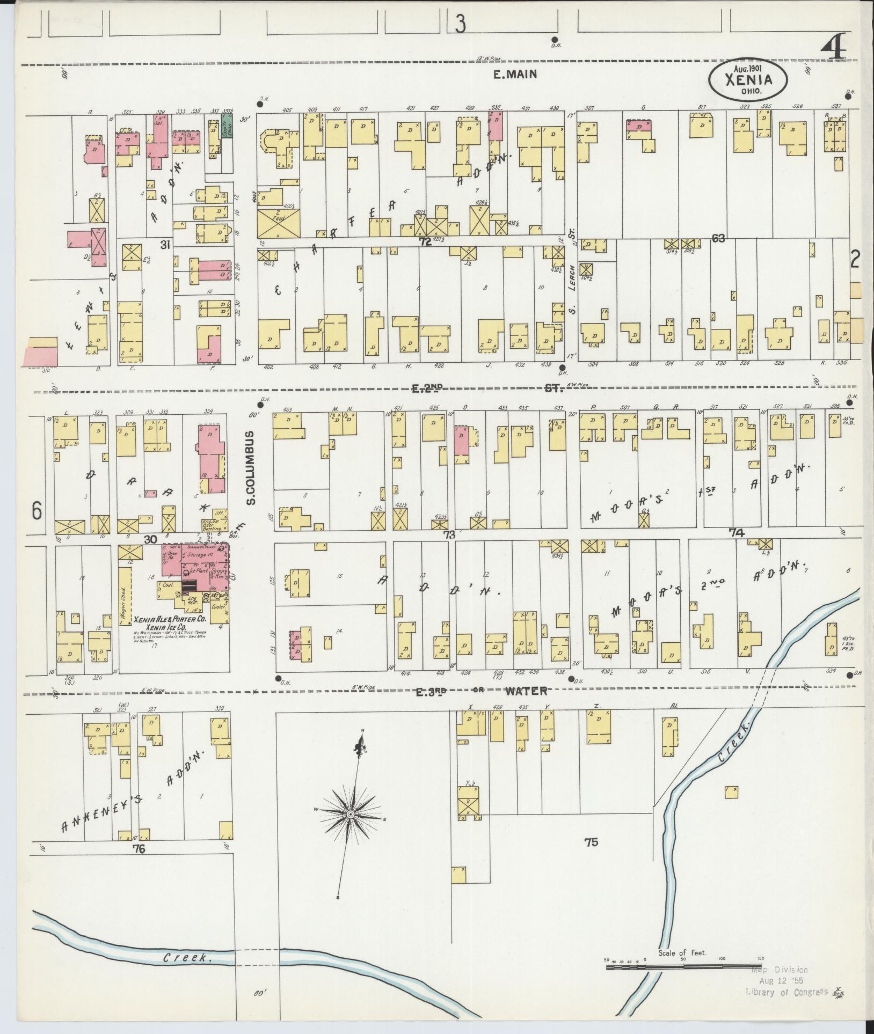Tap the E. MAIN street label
(x=515, y=75)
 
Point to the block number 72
(x=425, y=242)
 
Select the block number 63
(x=718, y=238)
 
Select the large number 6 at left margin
(x=36, y=510)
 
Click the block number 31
(x=165, y=245)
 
